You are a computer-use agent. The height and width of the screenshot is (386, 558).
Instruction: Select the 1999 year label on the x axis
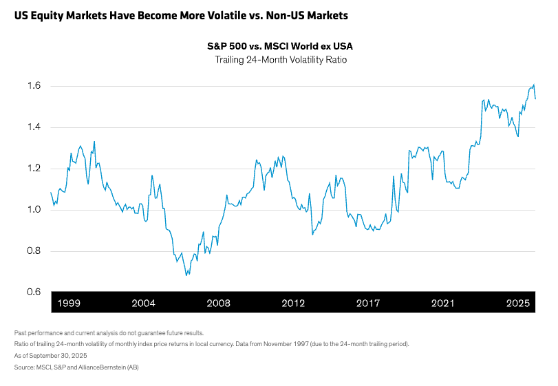point(69,303)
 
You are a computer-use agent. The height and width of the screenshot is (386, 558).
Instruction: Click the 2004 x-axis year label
point(143,303)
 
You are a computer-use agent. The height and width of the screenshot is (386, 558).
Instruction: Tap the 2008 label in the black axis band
point(218,303)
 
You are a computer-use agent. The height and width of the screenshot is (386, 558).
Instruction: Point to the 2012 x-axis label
point(293,303)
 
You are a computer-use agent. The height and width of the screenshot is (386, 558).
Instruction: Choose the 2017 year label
point(368,303)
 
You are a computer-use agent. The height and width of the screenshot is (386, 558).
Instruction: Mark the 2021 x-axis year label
point(443,303)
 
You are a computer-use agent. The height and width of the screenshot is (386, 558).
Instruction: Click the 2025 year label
point(518,303)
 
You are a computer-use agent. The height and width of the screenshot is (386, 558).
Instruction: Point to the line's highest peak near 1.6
point(534,85)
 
